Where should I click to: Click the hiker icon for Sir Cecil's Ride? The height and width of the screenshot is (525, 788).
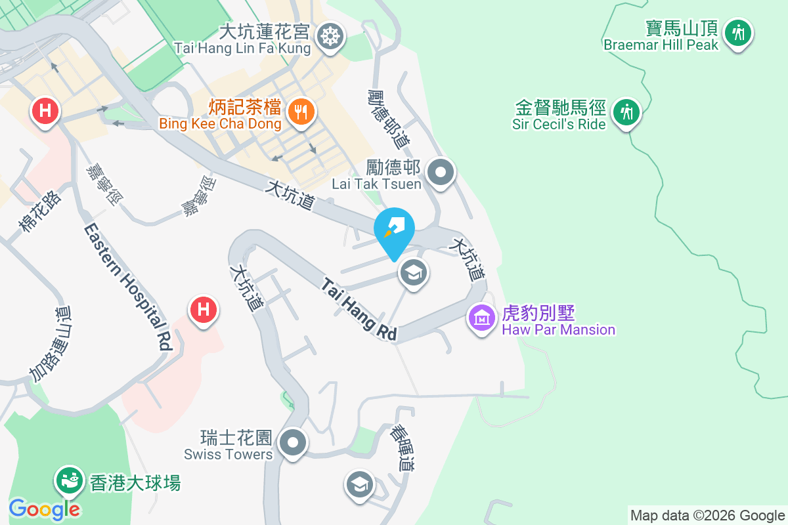[x=626, y=112]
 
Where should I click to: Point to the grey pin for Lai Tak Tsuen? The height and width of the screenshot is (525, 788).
[x=441, y=173]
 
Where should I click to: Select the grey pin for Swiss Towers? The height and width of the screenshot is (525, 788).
[x=293, y=442]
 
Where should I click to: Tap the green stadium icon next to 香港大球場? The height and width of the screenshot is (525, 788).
[x=69, y=481]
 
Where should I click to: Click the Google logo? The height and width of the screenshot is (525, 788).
[x=45, y=509]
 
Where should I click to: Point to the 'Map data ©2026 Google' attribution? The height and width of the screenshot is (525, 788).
[x=707, y=515]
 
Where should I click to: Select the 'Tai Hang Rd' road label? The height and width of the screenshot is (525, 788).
[x=359, y=310]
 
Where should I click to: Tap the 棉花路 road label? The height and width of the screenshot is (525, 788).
[x=40, y=211]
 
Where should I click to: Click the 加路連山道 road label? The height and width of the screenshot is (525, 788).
[x=50, y=344]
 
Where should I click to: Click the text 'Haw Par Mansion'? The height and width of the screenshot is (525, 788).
[x=558, y=329]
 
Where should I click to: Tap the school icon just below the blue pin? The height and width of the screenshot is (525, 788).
[x=413, y=273]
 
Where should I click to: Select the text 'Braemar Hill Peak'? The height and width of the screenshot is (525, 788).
[x=661, y=45]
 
